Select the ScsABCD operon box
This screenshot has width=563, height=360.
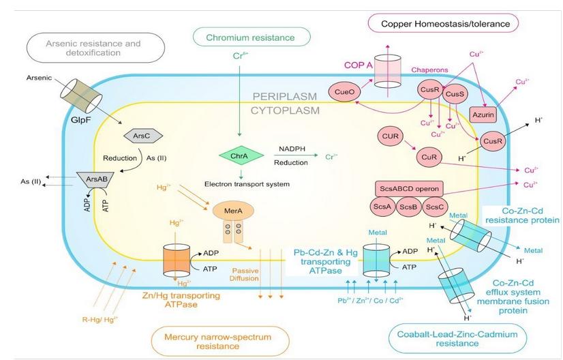point(408,187)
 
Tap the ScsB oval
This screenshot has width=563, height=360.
point(408,207)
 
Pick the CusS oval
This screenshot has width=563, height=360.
point(454,95)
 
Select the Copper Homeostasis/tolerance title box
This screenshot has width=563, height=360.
point(440,24)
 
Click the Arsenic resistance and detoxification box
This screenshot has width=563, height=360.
point(94,48)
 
